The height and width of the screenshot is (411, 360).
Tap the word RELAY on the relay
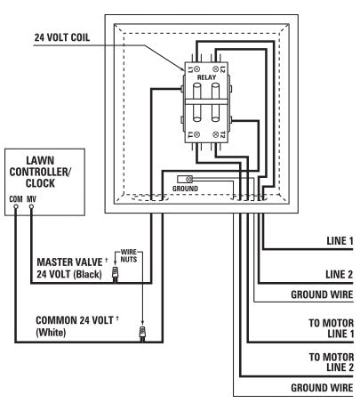point(207,78)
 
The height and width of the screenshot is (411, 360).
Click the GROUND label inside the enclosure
point(187,189)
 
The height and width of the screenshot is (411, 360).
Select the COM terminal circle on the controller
point(16,205)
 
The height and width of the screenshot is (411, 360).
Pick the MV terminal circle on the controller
point(32,205)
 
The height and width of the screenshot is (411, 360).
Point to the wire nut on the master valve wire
point(115,277)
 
